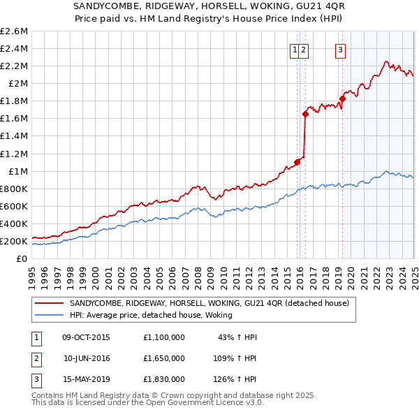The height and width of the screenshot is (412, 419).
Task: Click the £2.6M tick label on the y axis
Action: coord(14,31)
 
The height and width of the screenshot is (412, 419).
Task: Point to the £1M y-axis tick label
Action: coord(17,171)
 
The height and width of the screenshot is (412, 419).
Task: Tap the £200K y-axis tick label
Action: coord(14,241)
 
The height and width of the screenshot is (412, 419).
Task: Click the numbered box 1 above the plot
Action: coord(295,50)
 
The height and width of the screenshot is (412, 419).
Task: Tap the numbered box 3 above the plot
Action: coord(340,50)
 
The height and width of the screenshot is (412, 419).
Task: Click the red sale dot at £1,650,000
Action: coord(306,114)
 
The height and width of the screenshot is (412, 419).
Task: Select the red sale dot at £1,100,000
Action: coord(297,162)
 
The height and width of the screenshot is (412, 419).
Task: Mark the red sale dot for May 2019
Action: coord(343,98)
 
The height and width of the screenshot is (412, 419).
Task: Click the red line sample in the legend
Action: coord(49,303)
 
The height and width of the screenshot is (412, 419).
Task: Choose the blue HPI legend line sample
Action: coord(49,315)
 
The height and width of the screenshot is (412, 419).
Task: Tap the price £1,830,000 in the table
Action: coord(164,379)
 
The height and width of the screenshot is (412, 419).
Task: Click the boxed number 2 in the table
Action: coord(35,358)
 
